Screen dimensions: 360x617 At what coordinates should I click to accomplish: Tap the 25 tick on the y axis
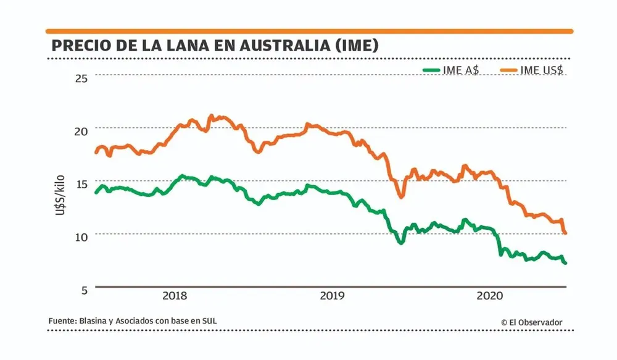(x=82, y=77)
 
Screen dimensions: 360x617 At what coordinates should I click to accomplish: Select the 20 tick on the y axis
(x=82, y=130)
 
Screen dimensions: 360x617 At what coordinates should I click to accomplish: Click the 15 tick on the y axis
(x=82, y=183)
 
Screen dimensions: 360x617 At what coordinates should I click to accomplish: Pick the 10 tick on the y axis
(x=82, y=236)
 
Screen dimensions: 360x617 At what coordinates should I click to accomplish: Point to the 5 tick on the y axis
(x=85, y=288)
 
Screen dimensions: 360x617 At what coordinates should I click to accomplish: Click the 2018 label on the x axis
(x=175, y=295)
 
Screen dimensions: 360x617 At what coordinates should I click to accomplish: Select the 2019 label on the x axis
(x=333, y=295)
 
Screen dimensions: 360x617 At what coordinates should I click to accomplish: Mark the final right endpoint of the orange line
(x=566, y=233)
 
